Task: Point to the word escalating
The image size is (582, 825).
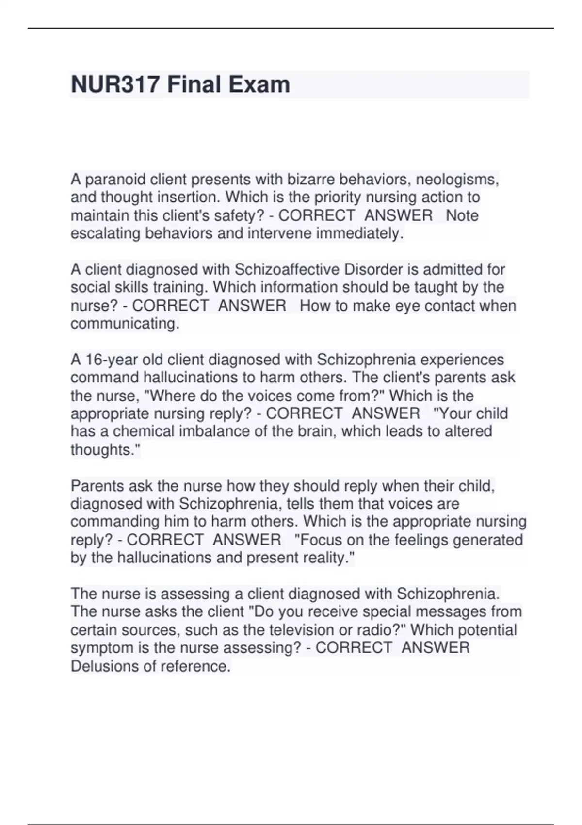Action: (x=106, y=233)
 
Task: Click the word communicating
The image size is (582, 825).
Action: (x=125, y=324)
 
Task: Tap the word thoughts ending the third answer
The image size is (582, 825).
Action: (x=104, y=450)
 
